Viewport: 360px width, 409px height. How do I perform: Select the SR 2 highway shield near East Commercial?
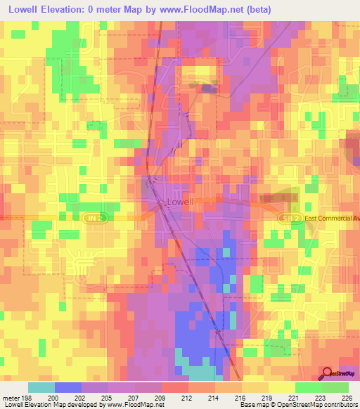click(289, 219)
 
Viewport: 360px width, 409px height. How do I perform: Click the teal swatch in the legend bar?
click(41, 387)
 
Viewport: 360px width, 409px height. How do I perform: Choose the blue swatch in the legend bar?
click(68, 387)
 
